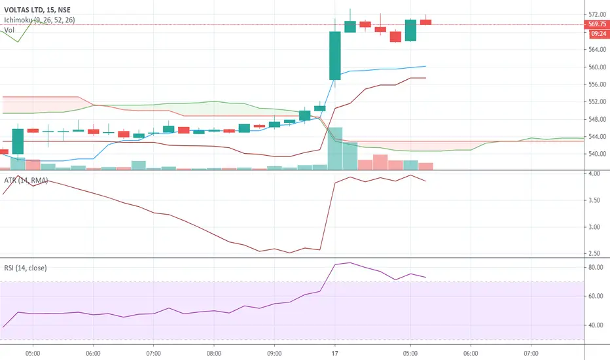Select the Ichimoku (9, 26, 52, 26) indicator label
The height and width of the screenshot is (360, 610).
39,20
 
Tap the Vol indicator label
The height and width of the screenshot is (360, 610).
9,30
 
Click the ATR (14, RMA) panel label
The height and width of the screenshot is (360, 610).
26,180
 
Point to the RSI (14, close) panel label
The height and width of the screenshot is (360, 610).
26,268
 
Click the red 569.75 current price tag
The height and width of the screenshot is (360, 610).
597,24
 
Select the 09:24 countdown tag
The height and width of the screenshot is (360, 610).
598,34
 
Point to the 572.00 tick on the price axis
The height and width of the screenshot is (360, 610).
597,14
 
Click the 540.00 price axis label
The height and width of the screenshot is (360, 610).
597,154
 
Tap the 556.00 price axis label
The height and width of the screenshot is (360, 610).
597,84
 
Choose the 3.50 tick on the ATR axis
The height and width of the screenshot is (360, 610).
594,200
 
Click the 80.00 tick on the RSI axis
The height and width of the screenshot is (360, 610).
596,267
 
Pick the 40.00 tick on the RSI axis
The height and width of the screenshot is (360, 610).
596,325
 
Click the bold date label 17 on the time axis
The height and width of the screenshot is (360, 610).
335,353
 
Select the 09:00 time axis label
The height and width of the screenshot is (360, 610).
274,353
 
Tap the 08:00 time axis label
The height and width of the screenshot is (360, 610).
214,353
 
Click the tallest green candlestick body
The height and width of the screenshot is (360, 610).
335,56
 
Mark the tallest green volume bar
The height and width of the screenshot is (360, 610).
335,149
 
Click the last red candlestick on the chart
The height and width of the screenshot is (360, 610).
425,22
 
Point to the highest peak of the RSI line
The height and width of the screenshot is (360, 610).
350,262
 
